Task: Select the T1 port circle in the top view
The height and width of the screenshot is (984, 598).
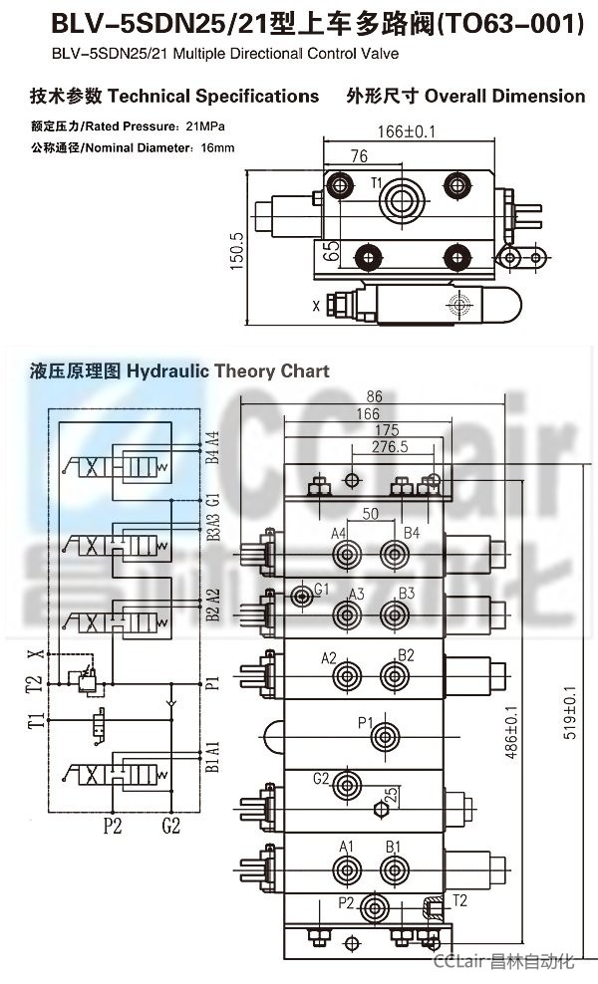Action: coord(407,197)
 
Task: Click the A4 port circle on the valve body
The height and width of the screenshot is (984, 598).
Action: coord(346,556)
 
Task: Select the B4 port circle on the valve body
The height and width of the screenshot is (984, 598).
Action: coord(396,556)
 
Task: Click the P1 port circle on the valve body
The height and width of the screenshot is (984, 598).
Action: coord(384,738)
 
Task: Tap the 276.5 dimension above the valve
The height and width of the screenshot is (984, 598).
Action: coord(390,447)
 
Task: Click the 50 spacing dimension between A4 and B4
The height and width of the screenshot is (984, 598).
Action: coord(370,513)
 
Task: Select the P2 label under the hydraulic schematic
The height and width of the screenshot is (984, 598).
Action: coord(114,825)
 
